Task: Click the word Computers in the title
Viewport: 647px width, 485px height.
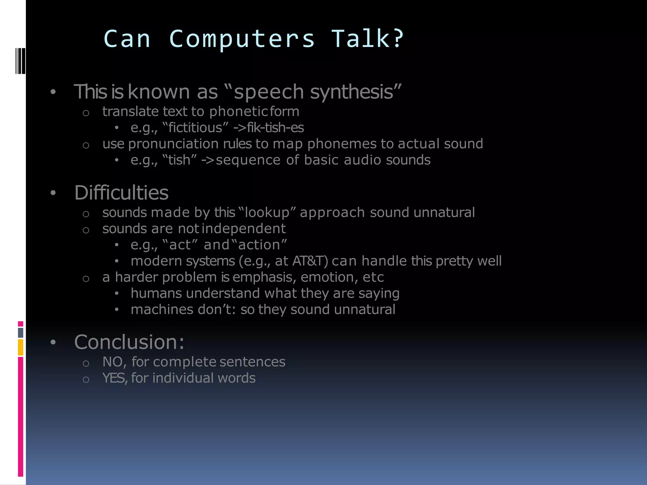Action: [242, 39]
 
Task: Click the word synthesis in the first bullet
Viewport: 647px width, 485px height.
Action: [356, 92]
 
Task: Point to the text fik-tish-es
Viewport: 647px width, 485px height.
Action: [275, 128]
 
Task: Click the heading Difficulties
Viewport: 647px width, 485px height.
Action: [121, 193]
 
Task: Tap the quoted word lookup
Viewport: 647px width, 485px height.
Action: [267, 213]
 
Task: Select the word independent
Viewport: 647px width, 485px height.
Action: [244, 229]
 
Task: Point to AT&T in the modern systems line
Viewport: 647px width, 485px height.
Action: [310, 261]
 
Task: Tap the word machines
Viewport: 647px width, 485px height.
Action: [162, 309]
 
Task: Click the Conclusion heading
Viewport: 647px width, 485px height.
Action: [129, 342]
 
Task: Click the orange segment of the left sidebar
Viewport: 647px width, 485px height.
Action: [21, 347]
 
